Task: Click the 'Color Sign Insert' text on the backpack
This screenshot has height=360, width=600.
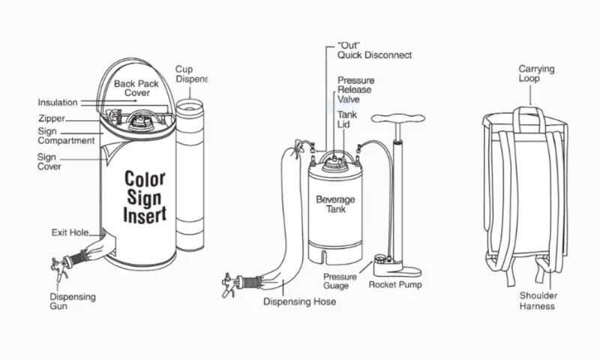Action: pos(145,196)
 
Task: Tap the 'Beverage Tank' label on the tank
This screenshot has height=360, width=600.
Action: pos(335,204)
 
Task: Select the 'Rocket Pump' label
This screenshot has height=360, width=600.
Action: pos(395,285)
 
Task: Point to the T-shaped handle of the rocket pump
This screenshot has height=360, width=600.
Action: pos(398,119)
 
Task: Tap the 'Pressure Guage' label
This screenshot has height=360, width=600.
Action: pos(340,281)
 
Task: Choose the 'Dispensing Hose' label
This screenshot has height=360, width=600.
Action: pos(299,301)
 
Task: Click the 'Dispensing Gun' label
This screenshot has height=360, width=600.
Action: pos(73,301)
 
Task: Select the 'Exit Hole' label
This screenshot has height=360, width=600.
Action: pos(70,232)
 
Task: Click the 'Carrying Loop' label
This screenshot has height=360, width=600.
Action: pos(536,73)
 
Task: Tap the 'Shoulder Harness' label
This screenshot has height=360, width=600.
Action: pos(538,301)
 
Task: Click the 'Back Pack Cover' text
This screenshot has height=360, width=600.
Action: pos(136,88)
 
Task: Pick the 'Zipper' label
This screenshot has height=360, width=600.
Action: pos(52,118)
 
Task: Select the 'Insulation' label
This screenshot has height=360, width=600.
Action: pos(58,103)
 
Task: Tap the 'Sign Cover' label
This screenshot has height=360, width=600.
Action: pos(49,161)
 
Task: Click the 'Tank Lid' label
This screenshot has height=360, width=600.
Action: pos(347,119)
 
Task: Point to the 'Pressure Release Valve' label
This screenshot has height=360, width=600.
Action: pos(355,90)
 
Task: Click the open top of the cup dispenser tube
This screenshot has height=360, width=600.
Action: pos(190,106)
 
